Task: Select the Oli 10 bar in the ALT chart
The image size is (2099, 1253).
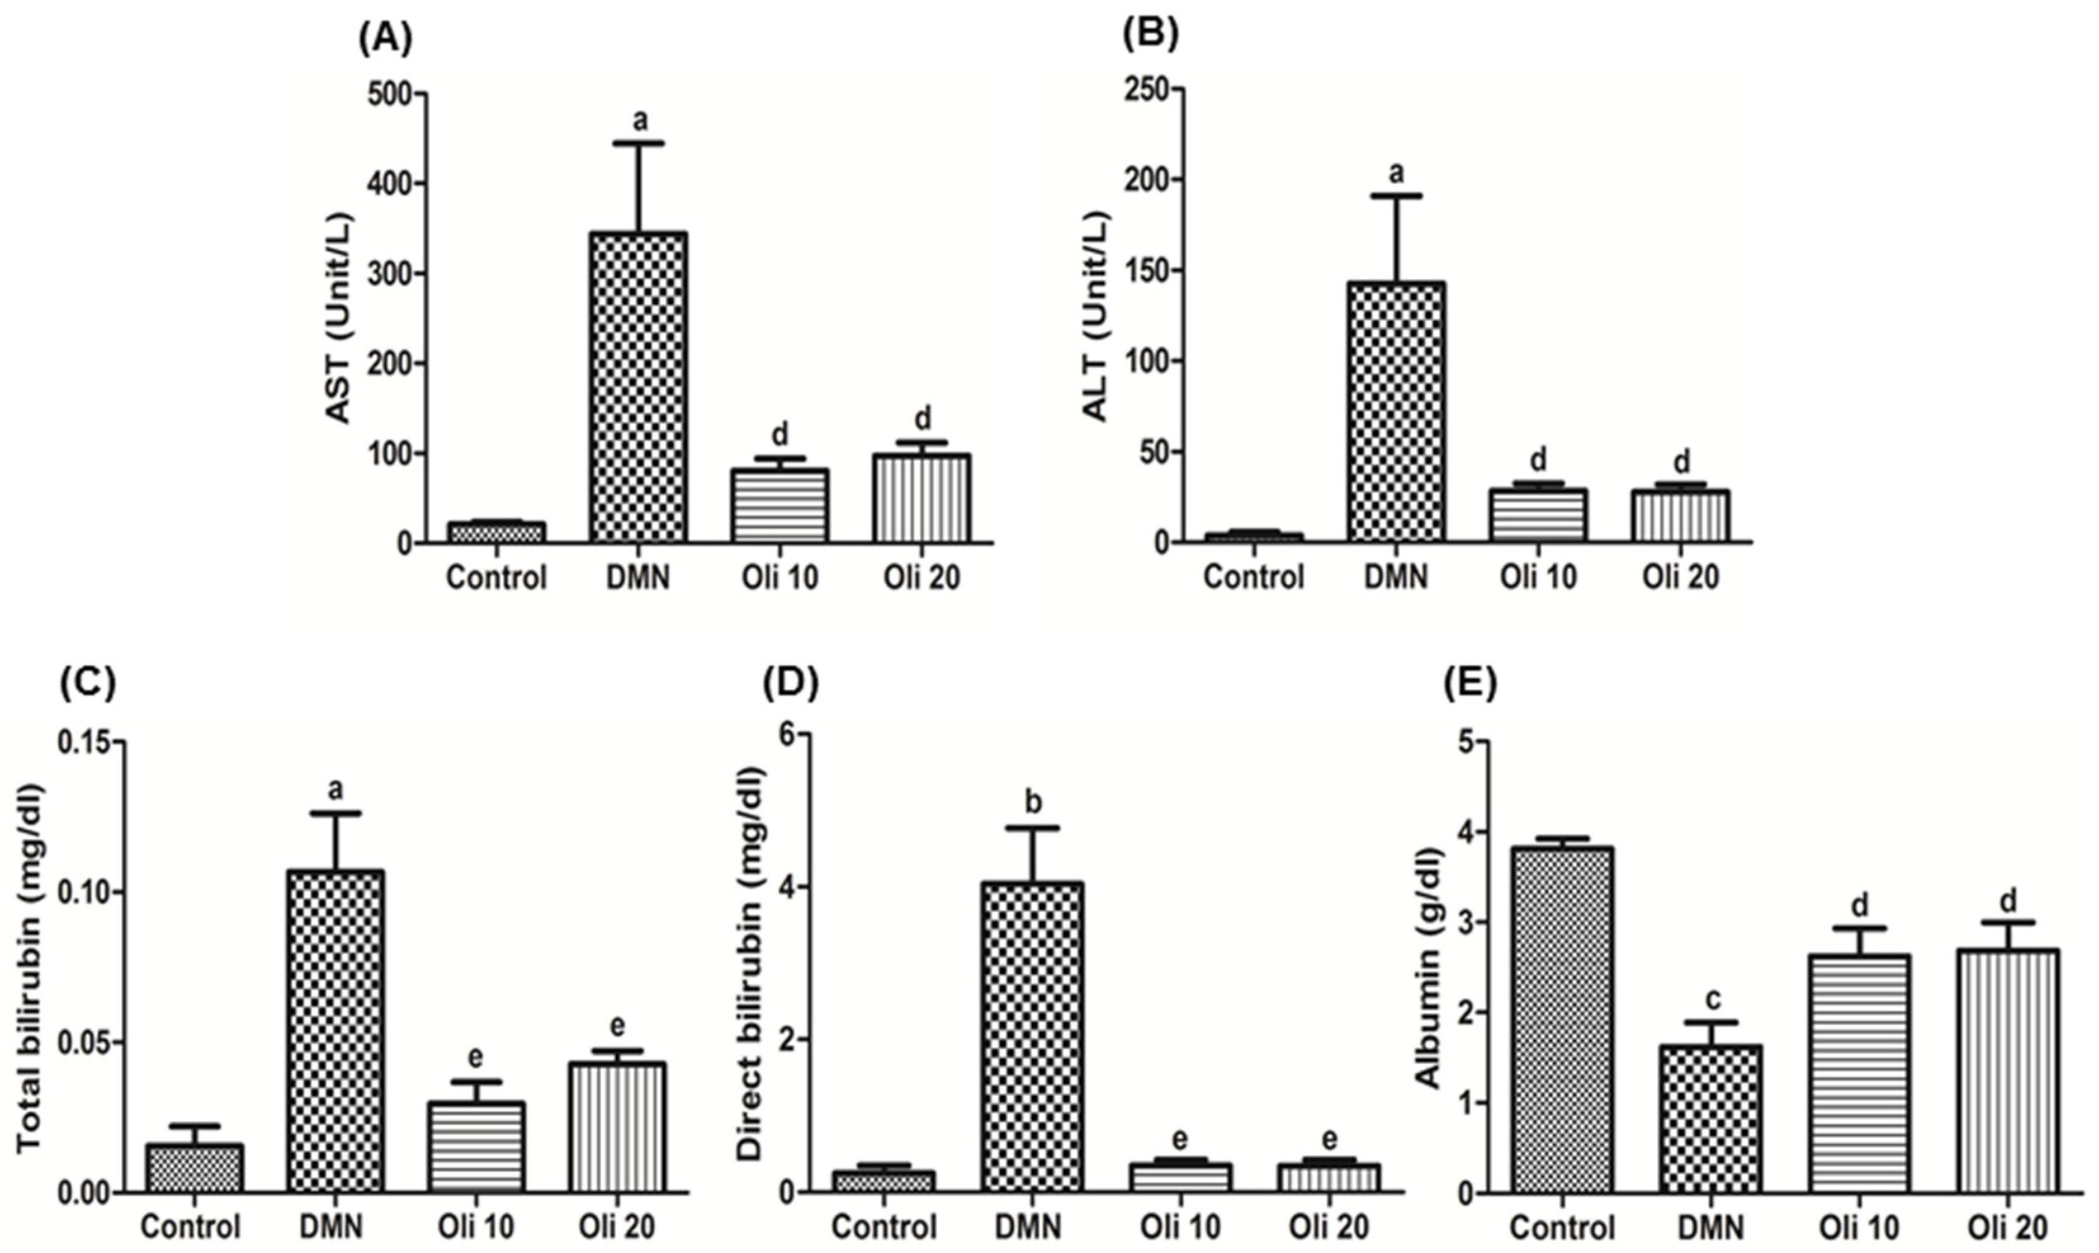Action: [x=1538, y=514]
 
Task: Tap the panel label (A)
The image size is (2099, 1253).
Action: [x=385, y=40]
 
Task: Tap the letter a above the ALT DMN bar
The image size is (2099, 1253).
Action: [x=1396, y=173]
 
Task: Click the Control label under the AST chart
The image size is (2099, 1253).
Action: [x=497, y=578]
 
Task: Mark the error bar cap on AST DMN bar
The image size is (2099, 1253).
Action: [x=639, y=143]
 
